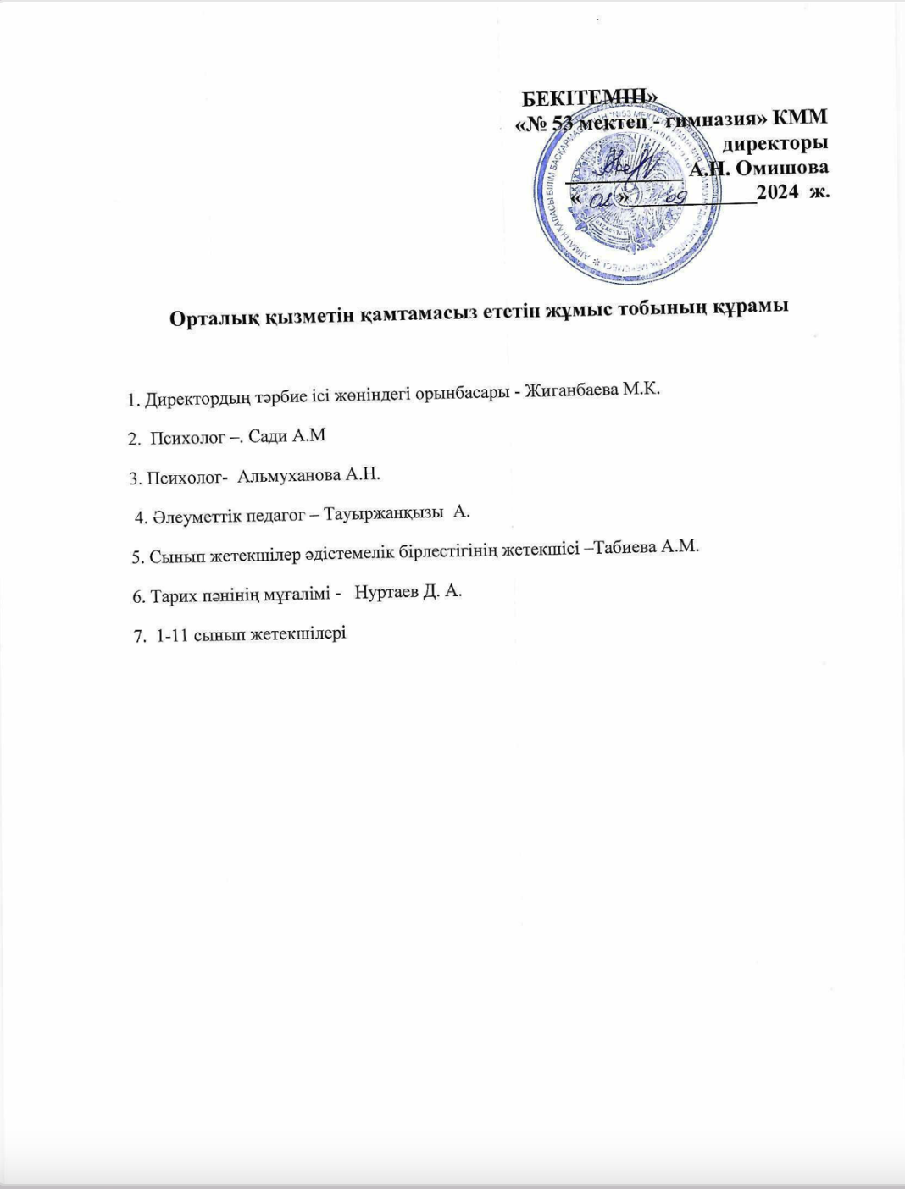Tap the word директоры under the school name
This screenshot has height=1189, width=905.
point(775,143)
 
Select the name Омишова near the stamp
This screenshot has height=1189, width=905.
point(781,168)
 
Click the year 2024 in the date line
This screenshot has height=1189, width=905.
point(778,192)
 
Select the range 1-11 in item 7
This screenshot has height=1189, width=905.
point(173,634)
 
